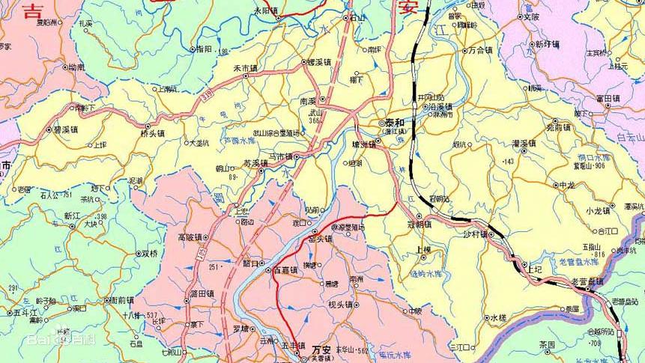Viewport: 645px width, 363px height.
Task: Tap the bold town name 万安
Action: click(321, 349)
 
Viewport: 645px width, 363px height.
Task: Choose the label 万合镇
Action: click(479, 51)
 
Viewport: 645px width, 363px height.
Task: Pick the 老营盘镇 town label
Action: click(588, 281)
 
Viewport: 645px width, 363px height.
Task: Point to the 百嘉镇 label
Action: click(285, 269)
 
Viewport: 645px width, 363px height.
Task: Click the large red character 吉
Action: click(33, 10)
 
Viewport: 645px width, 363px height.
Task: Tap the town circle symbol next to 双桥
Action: click(138, 253)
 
